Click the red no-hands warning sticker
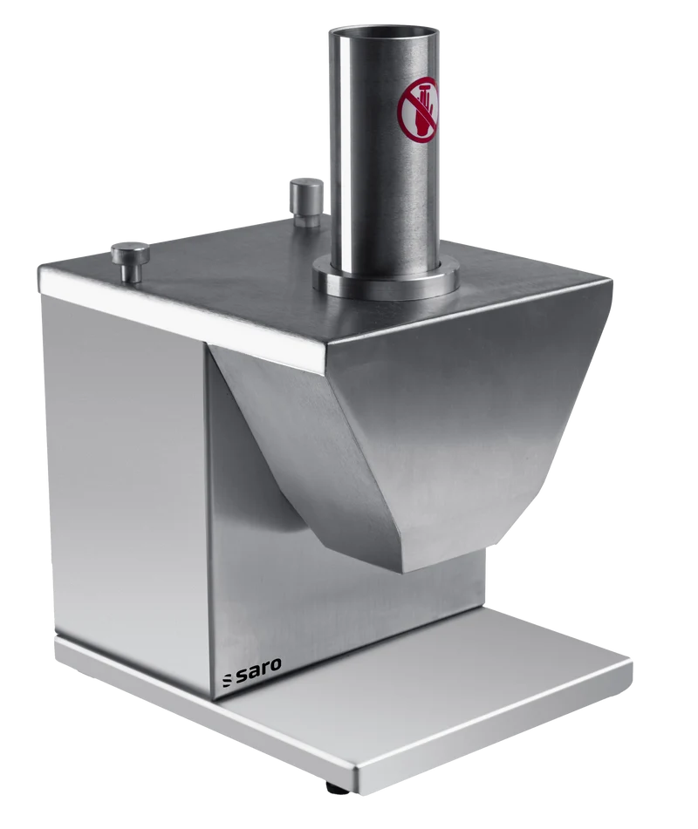(x=418, y=110)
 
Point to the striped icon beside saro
(x=227, y=681)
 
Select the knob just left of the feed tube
(x=306, y=202)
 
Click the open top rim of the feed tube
(x=384, y=32)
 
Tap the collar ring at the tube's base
(x=386, y=279)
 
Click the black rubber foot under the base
(x=337, y=788)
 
